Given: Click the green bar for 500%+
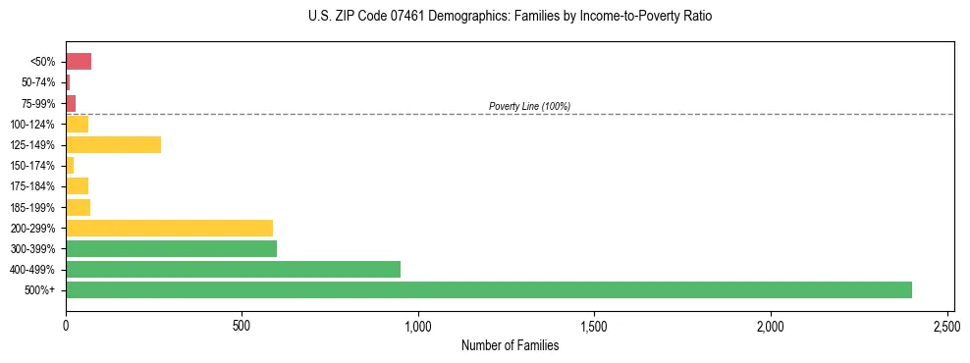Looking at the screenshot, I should tap(488, 289).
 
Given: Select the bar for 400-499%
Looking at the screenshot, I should tap(233, 269).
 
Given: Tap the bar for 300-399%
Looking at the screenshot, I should tap(171, 248).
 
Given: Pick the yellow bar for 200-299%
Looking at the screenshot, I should tap(169, 228).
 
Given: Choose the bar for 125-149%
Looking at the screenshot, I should tap(113, 144).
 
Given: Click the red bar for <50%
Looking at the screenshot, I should tap(79, 62).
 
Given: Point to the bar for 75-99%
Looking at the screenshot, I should tap(71, 103).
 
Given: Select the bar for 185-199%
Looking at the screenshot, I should tap(78, 207).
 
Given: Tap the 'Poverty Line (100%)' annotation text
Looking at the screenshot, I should tap(529, 106).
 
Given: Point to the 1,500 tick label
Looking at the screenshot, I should tap(594, 325).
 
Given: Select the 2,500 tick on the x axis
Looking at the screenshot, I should tap(946, 325).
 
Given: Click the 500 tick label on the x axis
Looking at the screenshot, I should tap(242, 325).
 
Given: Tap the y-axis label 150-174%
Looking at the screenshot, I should tap(32, 166).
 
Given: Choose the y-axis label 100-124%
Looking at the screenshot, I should tap(32, 125).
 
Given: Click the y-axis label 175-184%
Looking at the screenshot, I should tap(32, 186).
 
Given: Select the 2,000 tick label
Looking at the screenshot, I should tap(771, 325).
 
